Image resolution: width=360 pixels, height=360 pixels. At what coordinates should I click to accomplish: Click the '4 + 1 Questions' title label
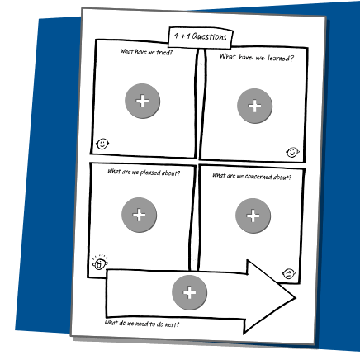201,36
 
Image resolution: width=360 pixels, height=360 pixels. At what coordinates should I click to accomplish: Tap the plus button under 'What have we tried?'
143,101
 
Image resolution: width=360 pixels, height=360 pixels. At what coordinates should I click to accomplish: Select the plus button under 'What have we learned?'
254,106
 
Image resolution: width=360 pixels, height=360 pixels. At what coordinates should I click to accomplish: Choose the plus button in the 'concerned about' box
253,216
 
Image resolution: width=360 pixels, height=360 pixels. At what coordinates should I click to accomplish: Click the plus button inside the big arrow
190,292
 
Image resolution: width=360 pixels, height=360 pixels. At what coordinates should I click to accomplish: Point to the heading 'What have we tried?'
146,52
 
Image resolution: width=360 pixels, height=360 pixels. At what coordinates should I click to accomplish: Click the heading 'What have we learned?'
257,58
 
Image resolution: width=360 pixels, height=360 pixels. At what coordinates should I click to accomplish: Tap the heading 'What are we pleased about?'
144,173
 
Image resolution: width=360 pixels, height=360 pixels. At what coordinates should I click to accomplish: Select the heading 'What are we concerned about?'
252,177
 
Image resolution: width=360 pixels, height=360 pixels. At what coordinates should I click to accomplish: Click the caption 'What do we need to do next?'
142,324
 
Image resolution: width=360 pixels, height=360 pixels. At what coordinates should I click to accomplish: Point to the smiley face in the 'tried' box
102,144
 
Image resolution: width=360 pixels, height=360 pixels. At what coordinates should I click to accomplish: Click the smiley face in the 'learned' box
292,152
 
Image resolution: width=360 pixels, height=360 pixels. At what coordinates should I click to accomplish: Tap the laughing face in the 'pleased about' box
100,263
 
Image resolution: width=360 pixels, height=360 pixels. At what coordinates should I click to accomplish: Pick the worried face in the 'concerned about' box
289,273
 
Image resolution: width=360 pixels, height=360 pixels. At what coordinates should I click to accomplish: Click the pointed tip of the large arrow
296,297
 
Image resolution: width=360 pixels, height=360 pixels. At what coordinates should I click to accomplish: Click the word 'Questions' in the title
210,36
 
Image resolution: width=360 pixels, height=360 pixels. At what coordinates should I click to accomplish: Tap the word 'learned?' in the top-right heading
281,59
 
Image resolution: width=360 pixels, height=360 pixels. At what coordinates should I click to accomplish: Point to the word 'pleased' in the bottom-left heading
150,173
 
